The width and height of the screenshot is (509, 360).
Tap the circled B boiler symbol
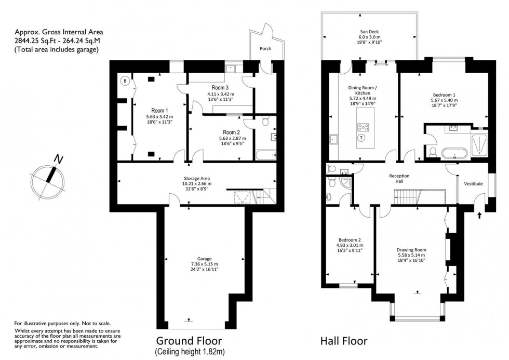click(125, 81)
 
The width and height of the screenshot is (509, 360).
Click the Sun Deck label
click(370, 31)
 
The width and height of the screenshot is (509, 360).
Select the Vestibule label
click(473, 183)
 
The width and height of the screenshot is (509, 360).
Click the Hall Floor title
click(344, 341)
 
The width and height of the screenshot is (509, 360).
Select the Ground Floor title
click(189, 341)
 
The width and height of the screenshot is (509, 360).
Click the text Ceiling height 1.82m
click(189, 352)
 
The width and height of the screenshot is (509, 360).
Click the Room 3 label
click(220, 87)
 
